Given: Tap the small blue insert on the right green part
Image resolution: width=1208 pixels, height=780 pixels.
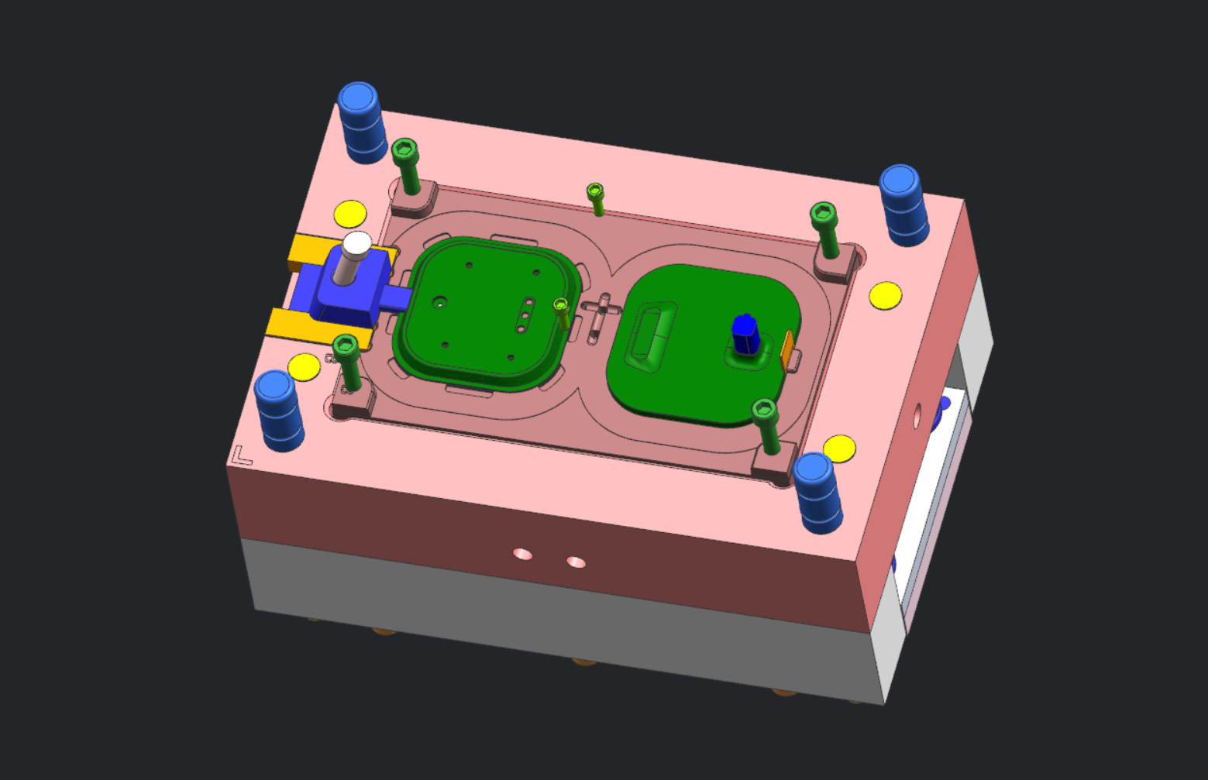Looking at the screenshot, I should (745, 335).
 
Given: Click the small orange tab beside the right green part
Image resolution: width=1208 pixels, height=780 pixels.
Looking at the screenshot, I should (787, 349).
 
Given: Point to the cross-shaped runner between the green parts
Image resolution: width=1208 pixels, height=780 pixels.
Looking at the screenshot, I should (601, 314).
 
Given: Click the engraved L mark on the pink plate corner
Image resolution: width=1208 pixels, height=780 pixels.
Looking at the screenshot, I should (242, 456).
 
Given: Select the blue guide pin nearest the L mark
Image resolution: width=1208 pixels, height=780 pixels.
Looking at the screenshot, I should (277, 411).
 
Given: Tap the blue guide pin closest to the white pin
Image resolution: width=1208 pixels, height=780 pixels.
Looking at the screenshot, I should (361, 122).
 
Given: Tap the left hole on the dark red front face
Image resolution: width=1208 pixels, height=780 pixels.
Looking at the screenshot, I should (523, 554).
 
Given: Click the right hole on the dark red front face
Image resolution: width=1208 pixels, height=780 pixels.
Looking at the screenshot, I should (576, 562).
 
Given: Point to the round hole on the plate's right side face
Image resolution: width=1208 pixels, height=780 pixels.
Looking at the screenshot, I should (917, 416).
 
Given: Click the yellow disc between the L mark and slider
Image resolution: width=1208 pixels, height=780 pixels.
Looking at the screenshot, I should (304, 366).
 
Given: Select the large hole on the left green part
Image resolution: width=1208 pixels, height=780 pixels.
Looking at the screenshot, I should (439, 301).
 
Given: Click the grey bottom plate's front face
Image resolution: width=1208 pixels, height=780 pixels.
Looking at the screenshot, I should (542, 620).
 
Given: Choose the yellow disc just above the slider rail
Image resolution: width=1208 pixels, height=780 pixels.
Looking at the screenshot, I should (349, 214).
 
